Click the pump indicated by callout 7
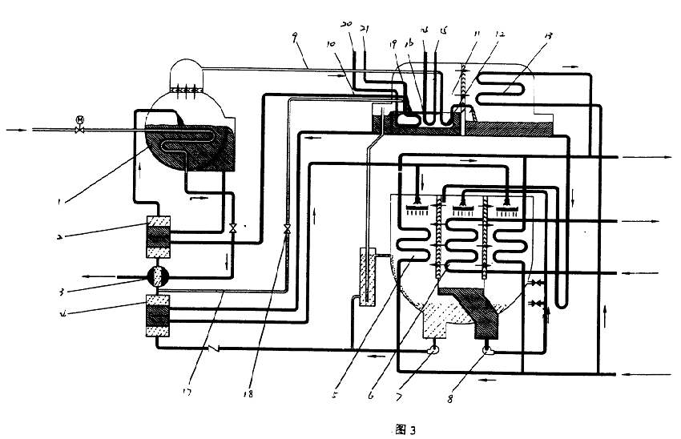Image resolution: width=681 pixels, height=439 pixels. coord(434,349)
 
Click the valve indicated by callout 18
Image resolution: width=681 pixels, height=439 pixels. coord(286,230)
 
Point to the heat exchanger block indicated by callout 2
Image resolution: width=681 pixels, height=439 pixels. coord(159,236)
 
